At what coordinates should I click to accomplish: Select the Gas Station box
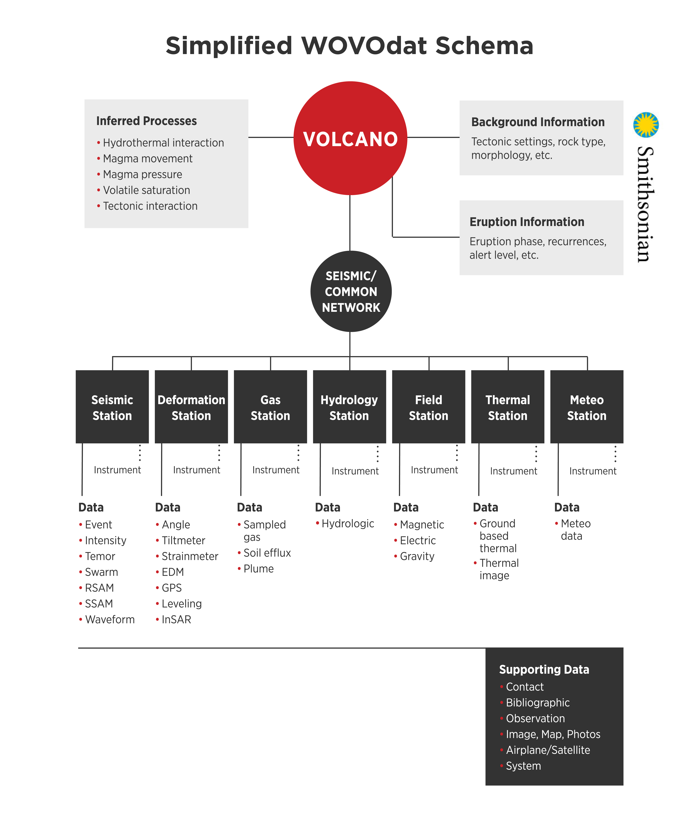click(x=270, y=407)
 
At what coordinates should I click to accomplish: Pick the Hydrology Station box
click(x=349, y=407)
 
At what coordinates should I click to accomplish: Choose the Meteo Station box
click(x=586, y=407)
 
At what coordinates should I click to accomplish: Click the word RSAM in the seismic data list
click(x=99, y=588)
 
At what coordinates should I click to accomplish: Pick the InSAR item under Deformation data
click(x=176, y=620)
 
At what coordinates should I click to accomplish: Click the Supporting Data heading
click(x=544, y=670)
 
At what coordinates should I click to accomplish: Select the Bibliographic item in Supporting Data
click(x=537, y=703)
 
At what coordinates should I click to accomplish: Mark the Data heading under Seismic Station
click(x=91, y=507)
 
